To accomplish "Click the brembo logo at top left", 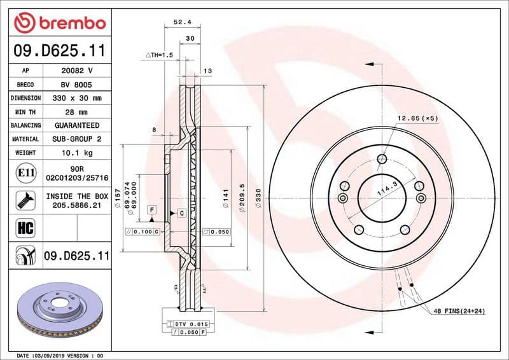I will pos(59,23).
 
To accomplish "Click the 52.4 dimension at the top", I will pos(183,22).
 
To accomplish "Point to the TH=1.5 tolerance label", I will pos(160,56).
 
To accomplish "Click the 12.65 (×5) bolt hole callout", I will pos(418,118).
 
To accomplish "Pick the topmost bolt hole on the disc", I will pos(382,159).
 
